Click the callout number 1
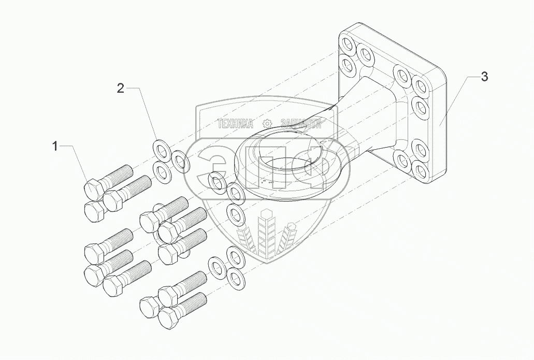click(55, 147)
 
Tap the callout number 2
click(120, 89)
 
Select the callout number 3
click(484, 77)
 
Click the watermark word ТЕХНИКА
click(236, 123)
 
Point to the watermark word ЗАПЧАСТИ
click(300, 123)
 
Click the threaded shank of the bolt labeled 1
click(119, 174)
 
